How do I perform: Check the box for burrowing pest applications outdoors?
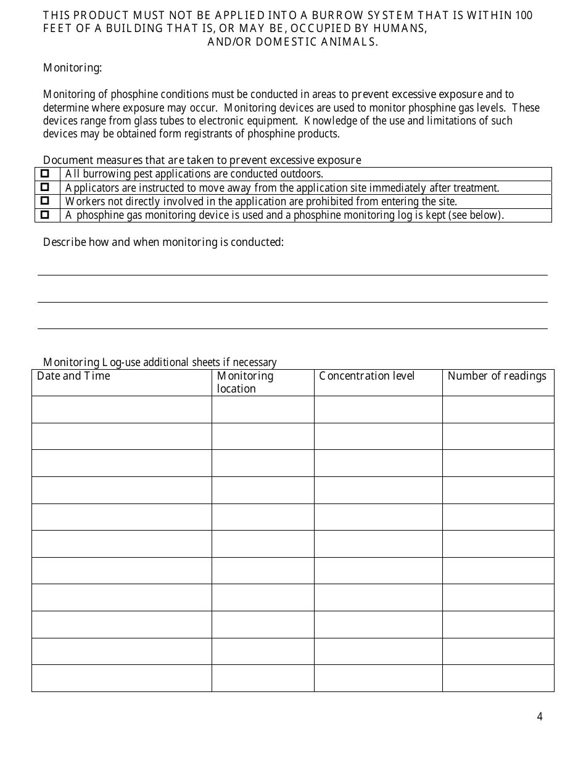pos(45,174)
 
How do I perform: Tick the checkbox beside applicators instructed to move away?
pos(45,187)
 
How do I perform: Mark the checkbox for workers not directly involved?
pos(45,201)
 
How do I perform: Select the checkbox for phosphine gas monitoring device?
pos(45,214)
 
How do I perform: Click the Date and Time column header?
pos(73,376)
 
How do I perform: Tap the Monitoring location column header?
pos(245,382)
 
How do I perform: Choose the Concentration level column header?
pos(366,376)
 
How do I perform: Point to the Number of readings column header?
pos(497,376)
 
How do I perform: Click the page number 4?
pos(540,716)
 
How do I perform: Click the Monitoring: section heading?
pos(72,68)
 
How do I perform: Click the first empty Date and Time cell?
pos(122,409)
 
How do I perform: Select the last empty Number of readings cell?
pos(498,678)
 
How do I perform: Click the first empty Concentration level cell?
pos(378,409)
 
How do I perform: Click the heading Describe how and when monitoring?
pos(163,242)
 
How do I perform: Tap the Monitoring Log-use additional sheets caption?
pos(160,362)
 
